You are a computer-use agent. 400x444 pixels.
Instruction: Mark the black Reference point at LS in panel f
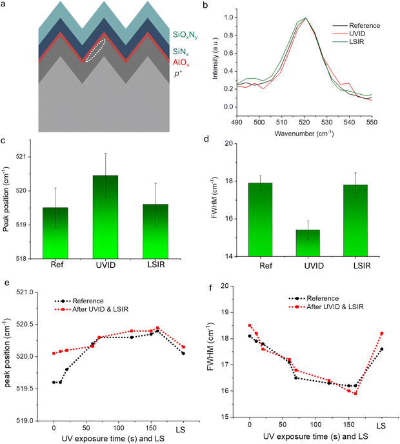tap(382, 349)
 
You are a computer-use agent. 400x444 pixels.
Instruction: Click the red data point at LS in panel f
tap(382, 334)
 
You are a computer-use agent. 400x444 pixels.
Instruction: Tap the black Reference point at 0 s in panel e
tap(54, 382)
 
